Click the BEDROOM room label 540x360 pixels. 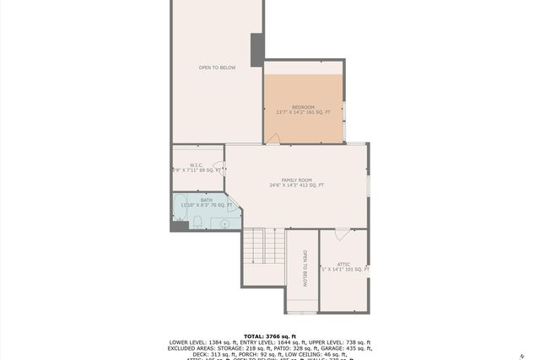click(x=303, y=108)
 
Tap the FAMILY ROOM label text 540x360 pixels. click(x=296, y=180)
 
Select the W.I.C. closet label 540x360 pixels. click(x=196, y=165)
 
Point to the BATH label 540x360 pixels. click(x=195, y=200)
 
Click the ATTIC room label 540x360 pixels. click(x=344, y=264)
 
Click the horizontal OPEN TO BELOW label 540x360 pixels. click(x=217, y=67)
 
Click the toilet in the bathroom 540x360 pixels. click(x=197, y=222)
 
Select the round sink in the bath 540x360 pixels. click(x=224, y=223)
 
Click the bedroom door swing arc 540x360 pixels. click(x=273, y=139)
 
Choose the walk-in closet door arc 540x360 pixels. click(x=218, y=166)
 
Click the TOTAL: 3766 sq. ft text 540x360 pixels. click(x=270, y=336)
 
